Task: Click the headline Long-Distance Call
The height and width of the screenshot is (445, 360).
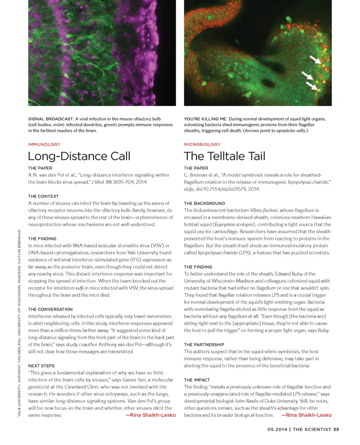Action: coord(79,156)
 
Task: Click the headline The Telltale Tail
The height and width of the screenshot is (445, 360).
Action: coord(225,156)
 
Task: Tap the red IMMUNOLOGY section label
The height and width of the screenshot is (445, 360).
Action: coord(44,144)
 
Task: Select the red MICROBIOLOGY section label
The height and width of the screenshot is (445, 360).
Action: coord(202,144)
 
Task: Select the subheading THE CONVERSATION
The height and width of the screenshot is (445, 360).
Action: coord(50,309)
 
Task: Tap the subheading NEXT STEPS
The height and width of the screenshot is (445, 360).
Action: coord(41,365)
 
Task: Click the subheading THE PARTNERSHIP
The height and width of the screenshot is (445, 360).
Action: coord(204,344)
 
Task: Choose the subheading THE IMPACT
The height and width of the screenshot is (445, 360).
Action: coord(197,380)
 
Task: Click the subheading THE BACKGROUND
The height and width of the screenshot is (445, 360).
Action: coord(204,203)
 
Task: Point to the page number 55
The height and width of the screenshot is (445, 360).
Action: coord(336,430)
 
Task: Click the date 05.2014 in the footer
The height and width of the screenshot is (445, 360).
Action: coord(277,430)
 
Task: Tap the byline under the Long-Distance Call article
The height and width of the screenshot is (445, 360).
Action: coord(150,415)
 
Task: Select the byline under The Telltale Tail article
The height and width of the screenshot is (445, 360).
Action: coord(306,415)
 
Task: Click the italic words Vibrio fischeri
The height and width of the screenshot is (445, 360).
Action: coord(263,210)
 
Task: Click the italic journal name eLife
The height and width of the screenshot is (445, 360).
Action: coord(189,189)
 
